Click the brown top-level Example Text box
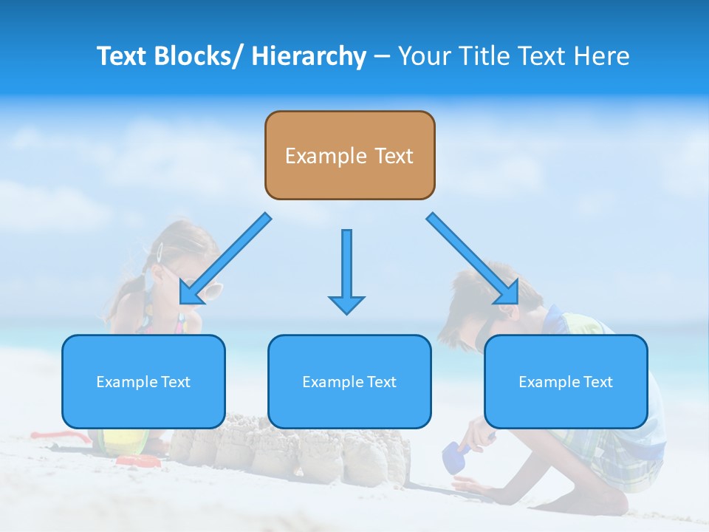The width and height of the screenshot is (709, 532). (x=349, y=155)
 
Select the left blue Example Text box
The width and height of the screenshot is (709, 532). (x=143, y=382)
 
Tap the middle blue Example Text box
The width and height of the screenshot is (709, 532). (x=349, y=382)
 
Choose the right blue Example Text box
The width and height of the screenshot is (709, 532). (x=566, y=382)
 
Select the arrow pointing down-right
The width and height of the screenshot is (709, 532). (x=473, y=259)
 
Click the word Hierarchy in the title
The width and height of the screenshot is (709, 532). (x=309, y=56)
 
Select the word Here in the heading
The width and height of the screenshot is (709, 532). (x=602, y=56)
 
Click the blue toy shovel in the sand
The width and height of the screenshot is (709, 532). (x=453, y=457)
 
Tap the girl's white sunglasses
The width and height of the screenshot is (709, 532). (x=210, y=291)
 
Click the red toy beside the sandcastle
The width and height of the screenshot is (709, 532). (x=139, y=462)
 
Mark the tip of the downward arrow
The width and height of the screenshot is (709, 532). (x=346, y=313)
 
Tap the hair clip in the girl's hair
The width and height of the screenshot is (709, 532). (x=159, y=252)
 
